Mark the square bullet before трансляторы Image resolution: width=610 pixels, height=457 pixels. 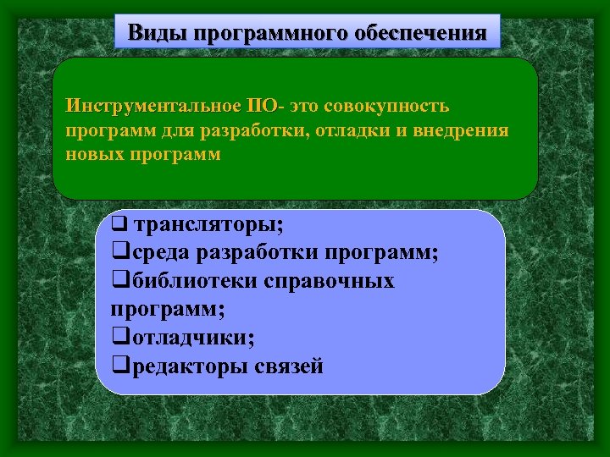pos(119,227)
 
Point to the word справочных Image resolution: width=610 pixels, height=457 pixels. pos(330,281)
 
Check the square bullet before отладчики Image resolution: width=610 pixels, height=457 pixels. pos(119,339)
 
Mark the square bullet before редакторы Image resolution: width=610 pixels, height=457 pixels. pos(119,366)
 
